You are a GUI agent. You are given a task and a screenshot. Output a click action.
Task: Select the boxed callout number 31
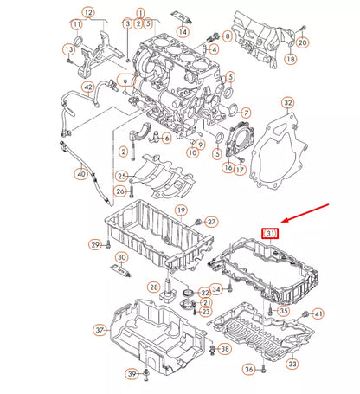271,234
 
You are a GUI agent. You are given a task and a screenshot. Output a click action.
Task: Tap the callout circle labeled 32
288,103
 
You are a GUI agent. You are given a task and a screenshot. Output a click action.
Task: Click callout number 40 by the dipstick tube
80,174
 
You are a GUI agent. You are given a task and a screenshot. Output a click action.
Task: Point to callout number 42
87,87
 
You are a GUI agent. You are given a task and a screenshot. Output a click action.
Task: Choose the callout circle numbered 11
87,13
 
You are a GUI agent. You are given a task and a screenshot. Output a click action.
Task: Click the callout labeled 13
67,49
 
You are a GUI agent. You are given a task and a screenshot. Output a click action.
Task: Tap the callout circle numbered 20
302,42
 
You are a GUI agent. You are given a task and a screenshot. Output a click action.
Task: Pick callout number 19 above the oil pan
182,210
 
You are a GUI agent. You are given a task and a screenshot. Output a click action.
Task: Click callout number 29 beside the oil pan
96,246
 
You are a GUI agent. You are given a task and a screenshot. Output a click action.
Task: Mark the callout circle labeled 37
100,330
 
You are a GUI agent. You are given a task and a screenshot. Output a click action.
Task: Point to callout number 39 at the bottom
132,373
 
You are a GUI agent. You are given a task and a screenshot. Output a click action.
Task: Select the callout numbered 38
224,349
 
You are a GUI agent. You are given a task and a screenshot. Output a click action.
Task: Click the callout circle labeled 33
292,365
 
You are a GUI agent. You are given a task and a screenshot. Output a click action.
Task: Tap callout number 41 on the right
318,313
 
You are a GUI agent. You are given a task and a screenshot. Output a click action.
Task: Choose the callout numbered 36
248,370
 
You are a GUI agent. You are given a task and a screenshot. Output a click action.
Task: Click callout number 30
122,258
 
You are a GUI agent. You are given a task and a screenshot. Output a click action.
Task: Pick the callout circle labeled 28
153,287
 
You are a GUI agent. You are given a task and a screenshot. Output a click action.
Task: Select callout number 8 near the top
226,36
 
